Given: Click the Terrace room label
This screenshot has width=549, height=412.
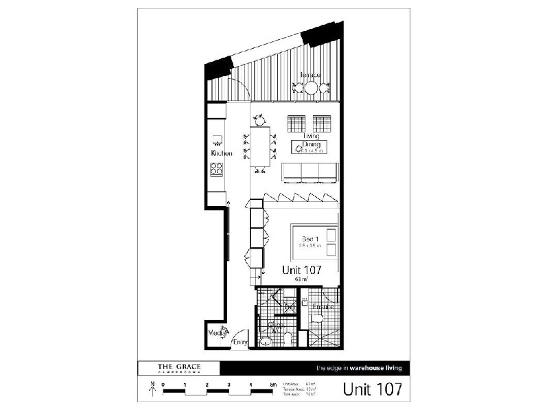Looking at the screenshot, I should coord(309,75).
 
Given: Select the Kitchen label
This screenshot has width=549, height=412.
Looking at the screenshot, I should coord(221,154).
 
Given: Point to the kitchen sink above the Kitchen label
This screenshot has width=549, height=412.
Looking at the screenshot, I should coord(217,139).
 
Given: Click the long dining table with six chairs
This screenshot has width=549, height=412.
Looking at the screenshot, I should coord(260,147).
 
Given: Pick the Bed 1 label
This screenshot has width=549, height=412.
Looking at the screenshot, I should coord(310,239).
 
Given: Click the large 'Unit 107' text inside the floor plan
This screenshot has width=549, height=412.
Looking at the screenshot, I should coord(302,270).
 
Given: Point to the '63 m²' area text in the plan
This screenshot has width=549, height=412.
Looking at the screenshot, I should coord(301,280).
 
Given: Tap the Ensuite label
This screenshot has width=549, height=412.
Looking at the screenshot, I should coord(323,306).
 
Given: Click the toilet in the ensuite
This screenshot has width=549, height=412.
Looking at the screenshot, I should coord(317,317).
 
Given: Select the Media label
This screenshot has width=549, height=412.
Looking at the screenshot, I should coord(216,334).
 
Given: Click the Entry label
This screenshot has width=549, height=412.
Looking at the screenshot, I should coord(240,342).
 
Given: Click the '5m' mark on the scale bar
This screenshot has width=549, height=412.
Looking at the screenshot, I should coord(273,385).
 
